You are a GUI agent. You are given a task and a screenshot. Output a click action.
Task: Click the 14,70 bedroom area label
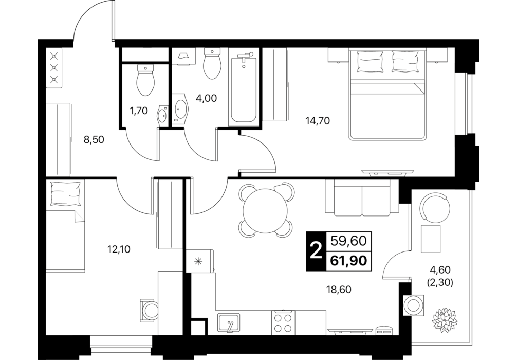318,121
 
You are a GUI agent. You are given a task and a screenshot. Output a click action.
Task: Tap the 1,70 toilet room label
138,111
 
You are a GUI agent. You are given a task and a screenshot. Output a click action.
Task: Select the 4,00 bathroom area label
207,98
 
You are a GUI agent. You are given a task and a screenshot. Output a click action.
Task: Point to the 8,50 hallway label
94,140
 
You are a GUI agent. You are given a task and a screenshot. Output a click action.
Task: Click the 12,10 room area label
119,249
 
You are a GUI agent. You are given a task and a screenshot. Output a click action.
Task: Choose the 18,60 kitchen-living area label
340,290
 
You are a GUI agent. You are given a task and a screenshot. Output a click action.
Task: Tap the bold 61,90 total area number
349,261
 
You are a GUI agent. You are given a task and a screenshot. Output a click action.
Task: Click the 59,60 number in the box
349,241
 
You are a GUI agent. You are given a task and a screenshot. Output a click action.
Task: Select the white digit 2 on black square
316,251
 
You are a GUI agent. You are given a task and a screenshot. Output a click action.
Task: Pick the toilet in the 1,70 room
145,80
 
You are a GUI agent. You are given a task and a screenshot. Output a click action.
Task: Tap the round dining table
266,210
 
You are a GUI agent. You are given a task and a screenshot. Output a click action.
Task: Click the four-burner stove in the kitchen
284,321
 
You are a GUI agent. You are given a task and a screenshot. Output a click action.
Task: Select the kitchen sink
229,322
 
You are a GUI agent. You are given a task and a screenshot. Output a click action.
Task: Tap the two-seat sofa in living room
362,197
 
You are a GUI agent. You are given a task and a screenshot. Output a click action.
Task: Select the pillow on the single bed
66,194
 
